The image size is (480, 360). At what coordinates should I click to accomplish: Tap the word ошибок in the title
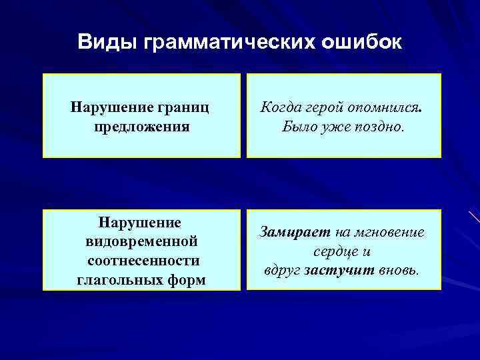[363, 42]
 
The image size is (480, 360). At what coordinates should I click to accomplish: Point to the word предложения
[141, 125]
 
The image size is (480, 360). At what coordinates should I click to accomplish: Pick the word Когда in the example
[280, 107]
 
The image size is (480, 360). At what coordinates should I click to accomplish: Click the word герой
[326, 107]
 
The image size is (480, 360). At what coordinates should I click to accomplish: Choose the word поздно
[381, 126]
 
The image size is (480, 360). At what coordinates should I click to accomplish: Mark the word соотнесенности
[143, 260]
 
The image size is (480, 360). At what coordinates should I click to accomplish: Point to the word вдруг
[283, 271]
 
